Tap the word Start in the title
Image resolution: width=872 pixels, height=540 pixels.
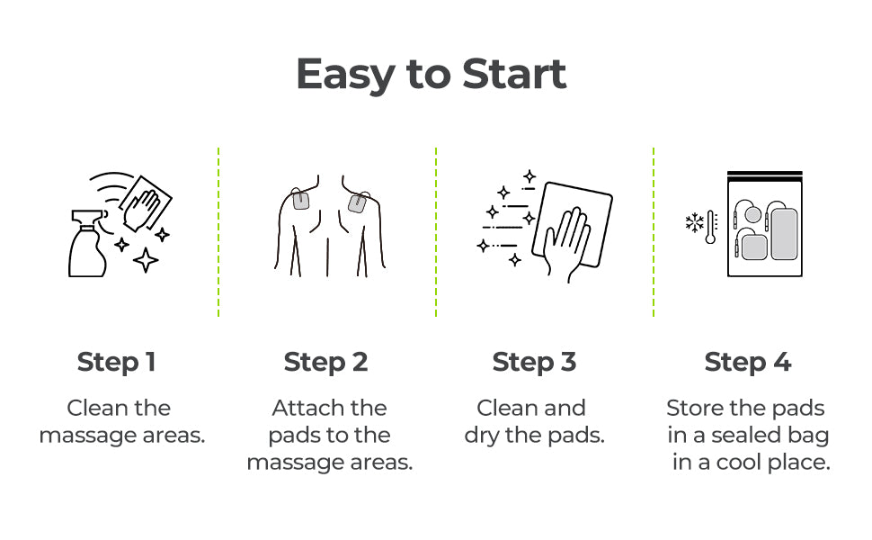click(x=514, y=73)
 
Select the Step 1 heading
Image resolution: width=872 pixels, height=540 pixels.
click(x=116, y=363)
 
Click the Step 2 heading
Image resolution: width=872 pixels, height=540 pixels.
click(x=325, y=363)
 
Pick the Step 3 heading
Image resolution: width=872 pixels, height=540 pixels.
click(x=534, y=363)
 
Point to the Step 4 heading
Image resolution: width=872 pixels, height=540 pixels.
click(x=747, y=363)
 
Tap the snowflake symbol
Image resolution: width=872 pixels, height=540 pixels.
click(x=695, y=222)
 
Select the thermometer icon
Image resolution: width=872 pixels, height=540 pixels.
click(x=711, y=227)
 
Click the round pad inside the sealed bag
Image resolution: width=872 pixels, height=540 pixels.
click(x=752, y=214)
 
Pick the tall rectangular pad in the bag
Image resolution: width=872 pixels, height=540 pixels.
click(x=784, y=234)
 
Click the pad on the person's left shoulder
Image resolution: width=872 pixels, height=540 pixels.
click(x=301, y=199)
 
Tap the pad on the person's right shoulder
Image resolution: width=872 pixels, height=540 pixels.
click(x=357, y=203)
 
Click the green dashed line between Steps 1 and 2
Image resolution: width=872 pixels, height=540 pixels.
click(x=218, y=232)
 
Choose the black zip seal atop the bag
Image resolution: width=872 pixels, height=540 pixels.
click(x=765, y=175)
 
